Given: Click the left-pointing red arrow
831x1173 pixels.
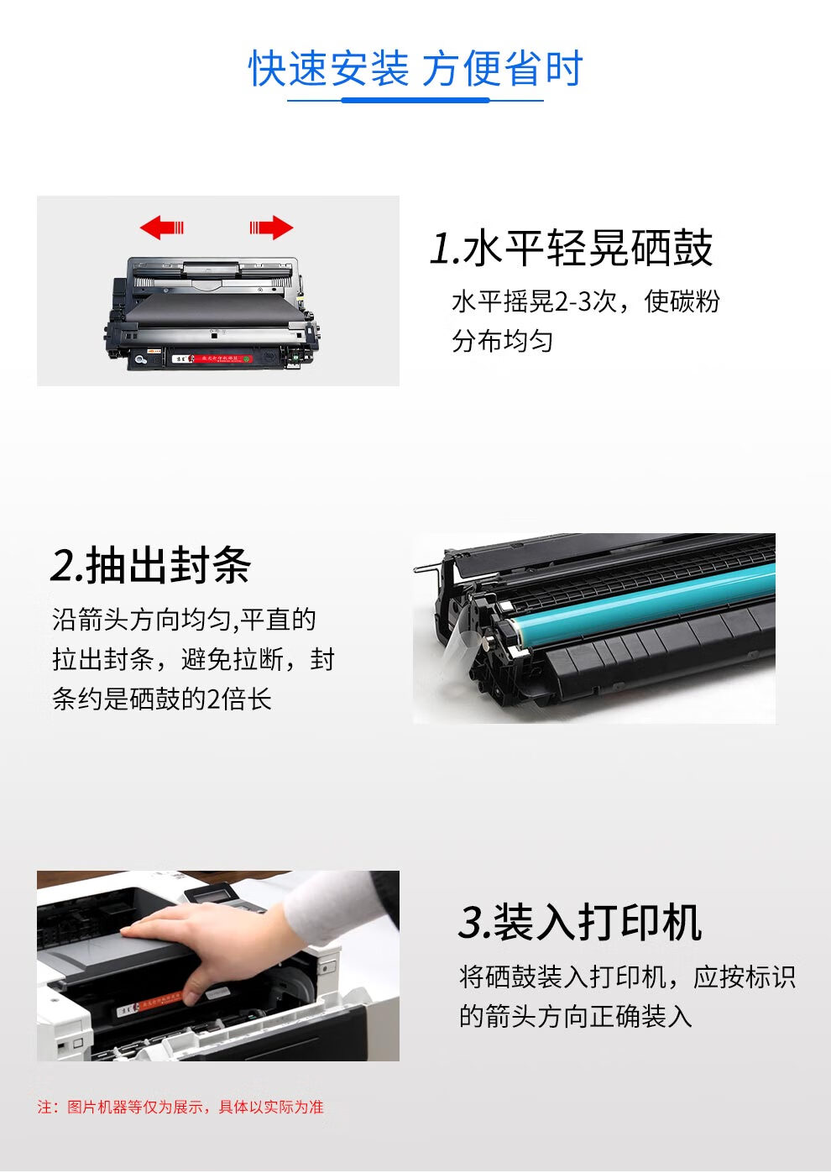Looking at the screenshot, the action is click(x=161, y=228).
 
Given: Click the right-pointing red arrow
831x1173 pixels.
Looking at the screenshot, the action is click(x=271, y=228).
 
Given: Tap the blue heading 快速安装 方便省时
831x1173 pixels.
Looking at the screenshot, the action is click(x=415, y=68).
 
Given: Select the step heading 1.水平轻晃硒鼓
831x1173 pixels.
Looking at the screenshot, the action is click(x=571, y=248).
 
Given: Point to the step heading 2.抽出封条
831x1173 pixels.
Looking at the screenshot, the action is click(x=151, y=564).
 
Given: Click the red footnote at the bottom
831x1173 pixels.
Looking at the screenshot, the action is click(x=180, y=1107).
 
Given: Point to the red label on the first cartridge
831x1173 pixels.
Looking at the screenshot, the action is click(x=220, y=359).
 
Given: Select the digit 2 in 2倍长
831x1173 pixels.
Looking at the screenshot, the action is click(x=214, y=699).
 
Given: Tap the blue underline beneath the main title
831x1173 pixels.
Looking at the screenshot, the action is click(x=415, y=100).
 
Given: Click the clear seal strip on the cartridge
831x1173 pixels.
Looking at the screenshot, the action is click(x=459, y=640).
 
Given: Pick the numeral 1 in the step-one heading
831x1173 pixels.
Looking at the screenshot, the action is click(x=439, y=249).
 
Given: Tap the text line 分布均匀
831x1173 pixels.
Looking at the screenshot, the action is click(x=502, y=342).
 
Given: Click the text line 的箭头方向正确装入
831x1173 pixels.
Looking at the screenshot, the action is click(x=576, y=1017).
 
